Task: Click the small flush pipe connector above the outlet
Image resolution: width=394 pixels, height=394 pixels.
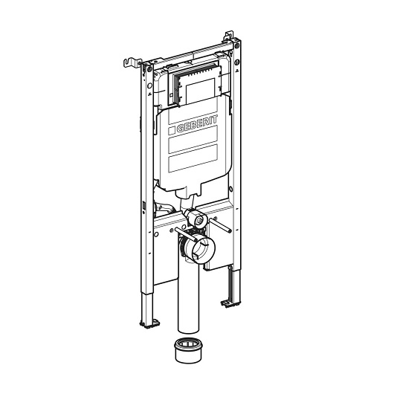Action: pos(198,220)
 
